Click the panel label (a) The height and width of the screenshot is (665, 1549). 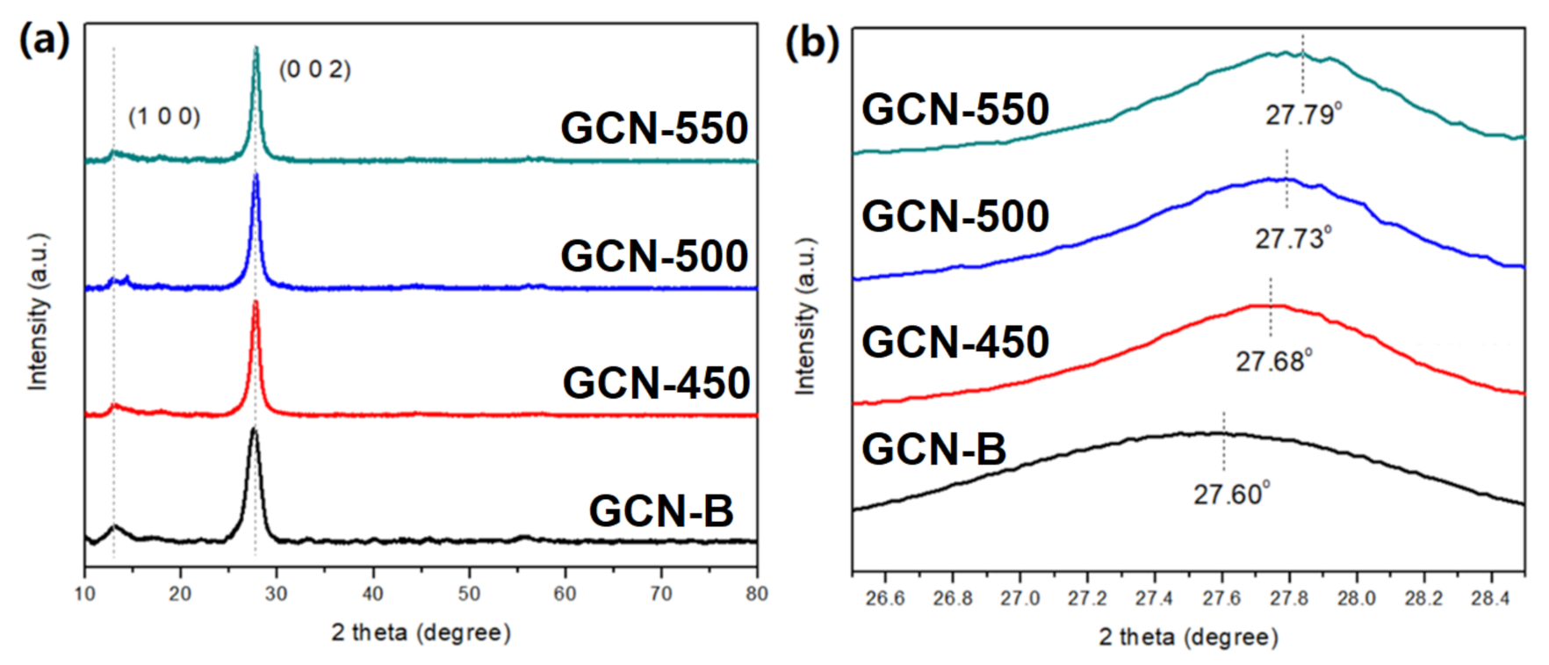pyautogui.click(x=44, y=40)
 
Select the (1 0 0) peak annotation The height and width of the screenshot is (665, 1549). pyautogui.click(x=164, y=117)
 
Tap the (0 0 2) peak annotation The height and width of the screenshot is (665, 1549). pyautogui.click(x=315, y=69)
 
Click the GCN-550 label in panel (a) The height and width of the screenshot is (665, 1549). pyautogui.click(x=654, y=128)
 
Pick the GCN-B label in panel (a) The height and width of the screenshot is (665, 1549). pyautogui.click(x=660, y=510)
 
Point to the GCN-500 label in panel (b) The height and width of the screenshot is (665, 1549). pyautogui.click(x=955, y=216)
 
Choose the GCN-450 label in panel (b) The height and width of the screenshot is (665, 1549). pyautogui.click(x=955, y=342)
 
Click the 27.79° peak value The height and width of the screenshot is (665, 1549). pyautogui.click(x=1303, y=115)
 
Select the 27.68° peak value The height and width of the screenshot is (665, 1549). pyautogui.click(x=1273, y=361)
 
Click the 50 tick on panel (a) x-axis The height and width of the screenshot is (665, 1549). pyautogui.click(x=469, y=594)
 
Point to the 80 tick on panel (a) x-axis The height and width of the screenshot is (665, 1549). pyautogui.click(x=756, y=594)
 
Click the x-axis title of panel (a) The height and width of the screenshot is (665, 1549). pyautogui.click(x=421, y=632)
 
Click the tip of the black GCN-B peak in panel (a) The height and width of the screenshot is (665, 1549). pyautogui.click(x=253, y=429)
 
